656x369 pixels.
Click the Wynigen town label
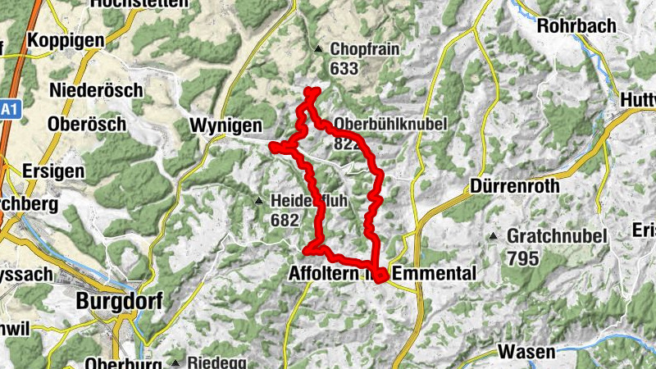(x=225, y=125)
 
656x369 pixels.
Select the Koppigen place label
(x=66, y=40)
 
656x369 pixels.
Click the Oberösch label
(x=87, y=124)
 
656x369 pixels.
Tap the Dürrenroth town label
(x=515, y=186)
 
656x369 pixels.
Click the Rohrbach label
(x=576, y=25)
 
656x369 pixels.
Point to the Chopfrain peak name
(x=364, y=50)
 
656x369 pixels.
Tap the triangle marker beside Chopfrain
(x=318, y=48)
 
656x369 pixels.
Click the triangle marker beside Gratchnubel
(x=494, y=237)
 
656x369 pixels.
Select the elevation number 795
(x=522, y=258)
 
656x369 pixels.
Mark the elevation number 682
(x=285, y=220)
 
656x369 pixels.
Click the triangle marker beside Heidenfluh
(x=259, y=200)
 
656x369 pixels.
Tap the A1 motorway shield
(x=8, y=110)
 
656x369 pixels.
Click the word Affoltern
(x=324, y=273)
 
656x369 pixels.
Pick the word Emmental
(x=434, y=273)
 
